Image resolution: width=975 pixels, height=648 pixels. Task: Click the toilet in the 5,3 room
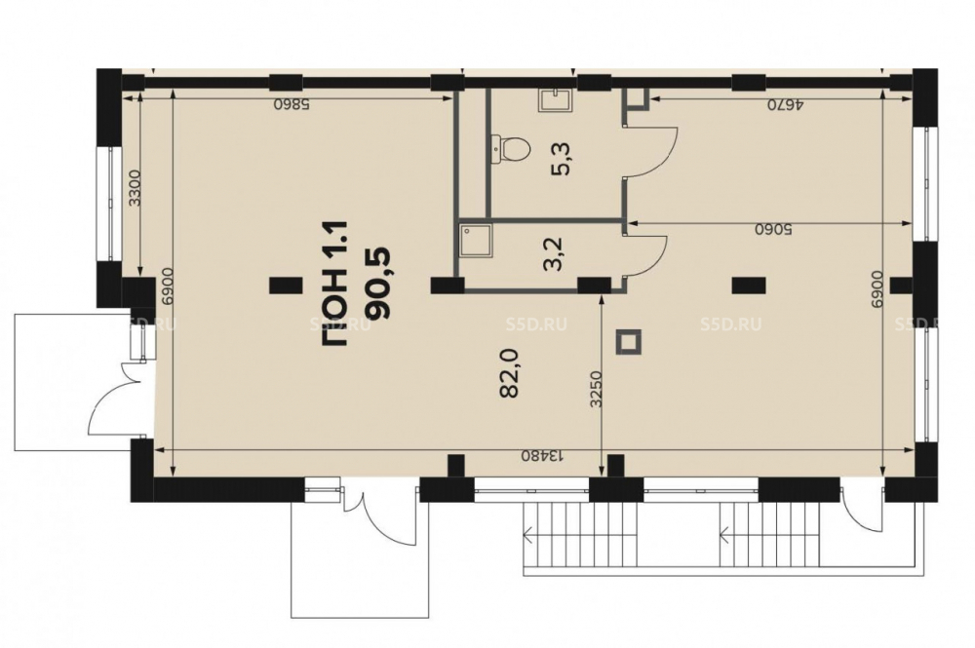512,148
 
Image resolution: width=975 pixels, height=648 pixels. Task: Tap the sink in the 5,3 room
555,100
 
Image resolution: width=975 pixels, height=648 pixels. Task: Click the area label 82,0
510,373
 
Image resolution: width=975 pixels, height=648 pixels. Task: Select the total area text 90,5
378,283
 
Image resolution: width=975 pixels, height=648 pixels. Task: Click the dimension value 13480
542,455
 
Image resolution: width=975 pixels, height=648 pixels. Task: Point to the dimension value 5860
292,104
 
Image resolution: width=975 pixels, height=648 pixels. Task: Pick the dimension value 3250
596,390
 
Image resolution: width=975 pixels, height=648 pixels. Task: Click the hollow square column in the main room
628,342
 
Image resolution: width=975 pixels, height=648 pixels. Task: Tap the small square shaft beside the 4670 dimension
638,98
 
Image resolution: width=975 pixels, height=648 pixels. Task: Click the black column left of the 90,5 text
286,286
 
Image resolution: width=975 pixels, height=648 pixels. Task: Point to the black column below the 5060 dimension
749,286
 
